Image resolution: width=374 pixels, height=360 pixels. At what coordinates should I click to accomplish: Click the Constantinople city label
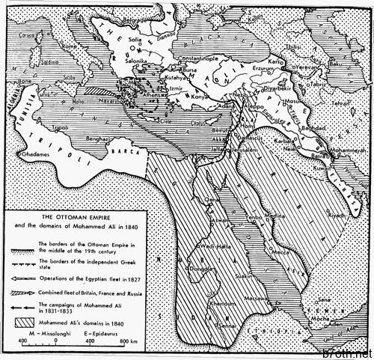point(197,58)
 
